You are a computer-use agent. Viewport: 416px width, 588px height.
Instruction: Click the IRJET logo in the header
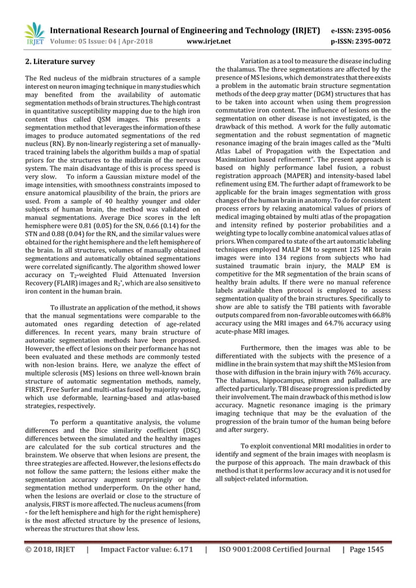click(x=34, y=35)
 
